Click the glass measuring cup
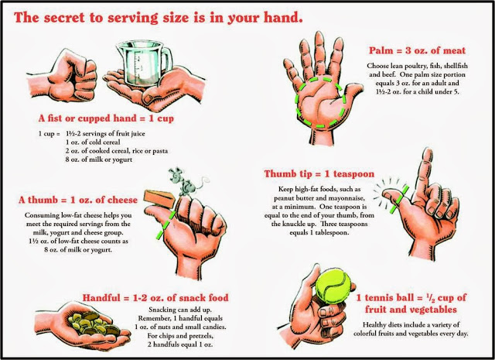tap(144, 63)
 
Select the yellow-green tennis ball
tap(333, 286)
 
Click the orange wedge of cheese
tap(159, 199)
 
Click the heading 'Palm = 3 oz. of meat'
tap(417, 50)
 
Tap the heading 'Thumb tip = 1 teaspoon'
tap(319, 174)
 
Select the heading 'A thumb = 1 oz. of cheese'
tap(78, 200)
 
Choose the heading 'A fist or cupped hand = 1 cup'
tap(106, 118)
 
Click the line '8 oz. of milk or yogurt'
tap(99, 159)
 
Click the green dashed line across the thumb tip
tap(399, 200)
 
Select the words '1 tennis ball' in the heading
tap(385, 298)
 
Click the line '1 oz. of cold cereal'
tap(93, 142)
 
